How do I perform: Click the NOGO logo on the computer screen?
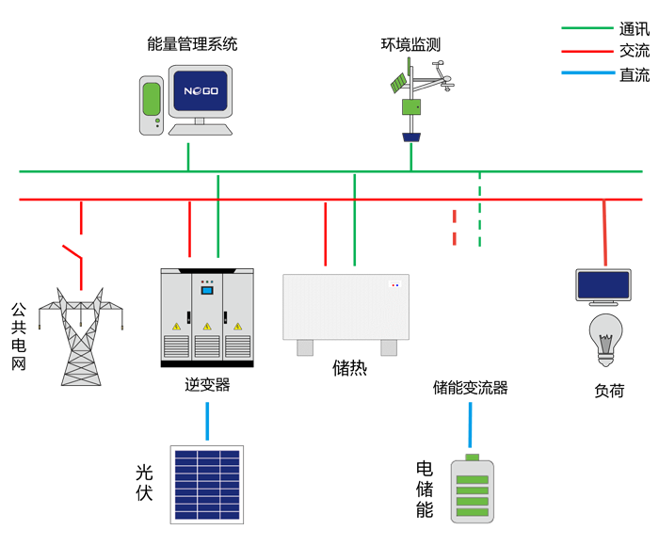point(200,92)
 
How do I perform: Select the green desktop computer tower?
point(152,104)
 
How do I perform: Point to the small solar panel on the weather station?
point(402,78)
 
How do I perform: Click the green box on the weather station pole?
point(411,108)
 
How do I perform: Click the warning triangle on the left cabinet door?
point(175,326)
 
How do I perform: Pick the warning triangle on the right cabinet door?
point(238,326)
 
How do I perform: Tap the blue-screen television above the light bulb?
point(603,286)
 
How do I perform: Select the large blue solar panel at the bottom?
point(207,483)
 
